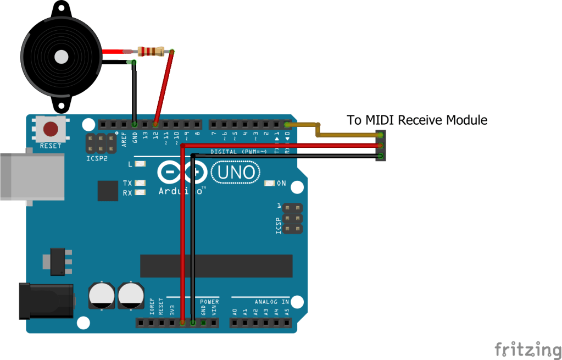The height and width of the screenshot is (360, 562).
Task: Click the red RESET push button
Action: (51, 130)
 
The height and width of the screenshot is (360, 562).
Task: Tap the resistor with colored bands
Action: (151, 52)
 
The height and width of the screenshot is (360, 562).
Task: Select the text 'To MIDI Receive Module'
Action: (417, 120)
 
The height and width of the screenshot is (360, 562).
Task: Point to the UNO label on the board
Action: (236, 173)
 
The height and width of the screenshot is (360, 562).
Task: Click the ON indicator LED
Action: (270, 184)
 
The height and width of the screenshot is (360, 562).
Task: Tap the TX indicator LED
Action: (141, 183)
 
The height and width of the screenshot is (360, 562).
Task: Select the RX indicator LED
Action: (141, 193)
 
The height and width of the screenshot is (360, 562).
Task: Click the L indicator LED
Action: (140, 164)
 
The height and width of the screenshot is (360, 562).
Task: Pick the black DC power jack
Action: (46, 301)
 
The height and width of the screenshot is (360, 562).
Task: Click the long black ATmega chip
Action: (215, 266)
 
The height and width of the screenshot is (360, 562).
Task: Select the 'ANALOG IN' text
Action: (271, 302)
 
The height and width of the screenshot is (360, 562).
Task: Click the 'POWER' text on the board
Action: (209, 302)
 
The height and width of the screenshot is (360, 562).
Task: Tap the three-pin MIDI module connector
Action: (380, 146)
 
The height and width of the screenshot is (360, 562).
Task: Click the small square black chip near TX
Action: (108, 191)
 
